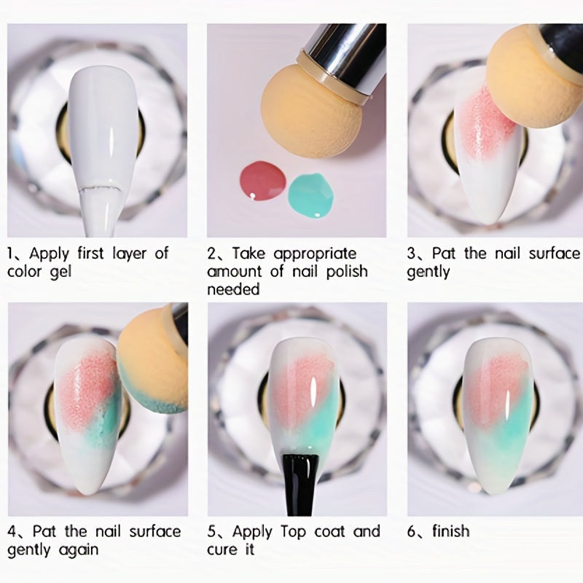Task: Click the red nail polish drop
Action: (263, 180)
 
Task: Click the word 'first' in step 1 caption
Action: (90, 253)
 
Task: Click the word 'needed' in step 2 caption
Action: (233, 289)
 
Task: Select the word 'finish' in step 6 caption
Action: (450, 531)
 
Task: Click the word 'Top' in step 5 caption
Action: (294, 532)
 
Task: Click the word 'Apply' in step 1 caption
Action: (49, 254)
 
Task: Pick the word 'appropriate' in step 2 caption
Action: (315, 254)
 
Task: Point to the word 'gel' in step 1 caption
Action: (60, 273)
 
